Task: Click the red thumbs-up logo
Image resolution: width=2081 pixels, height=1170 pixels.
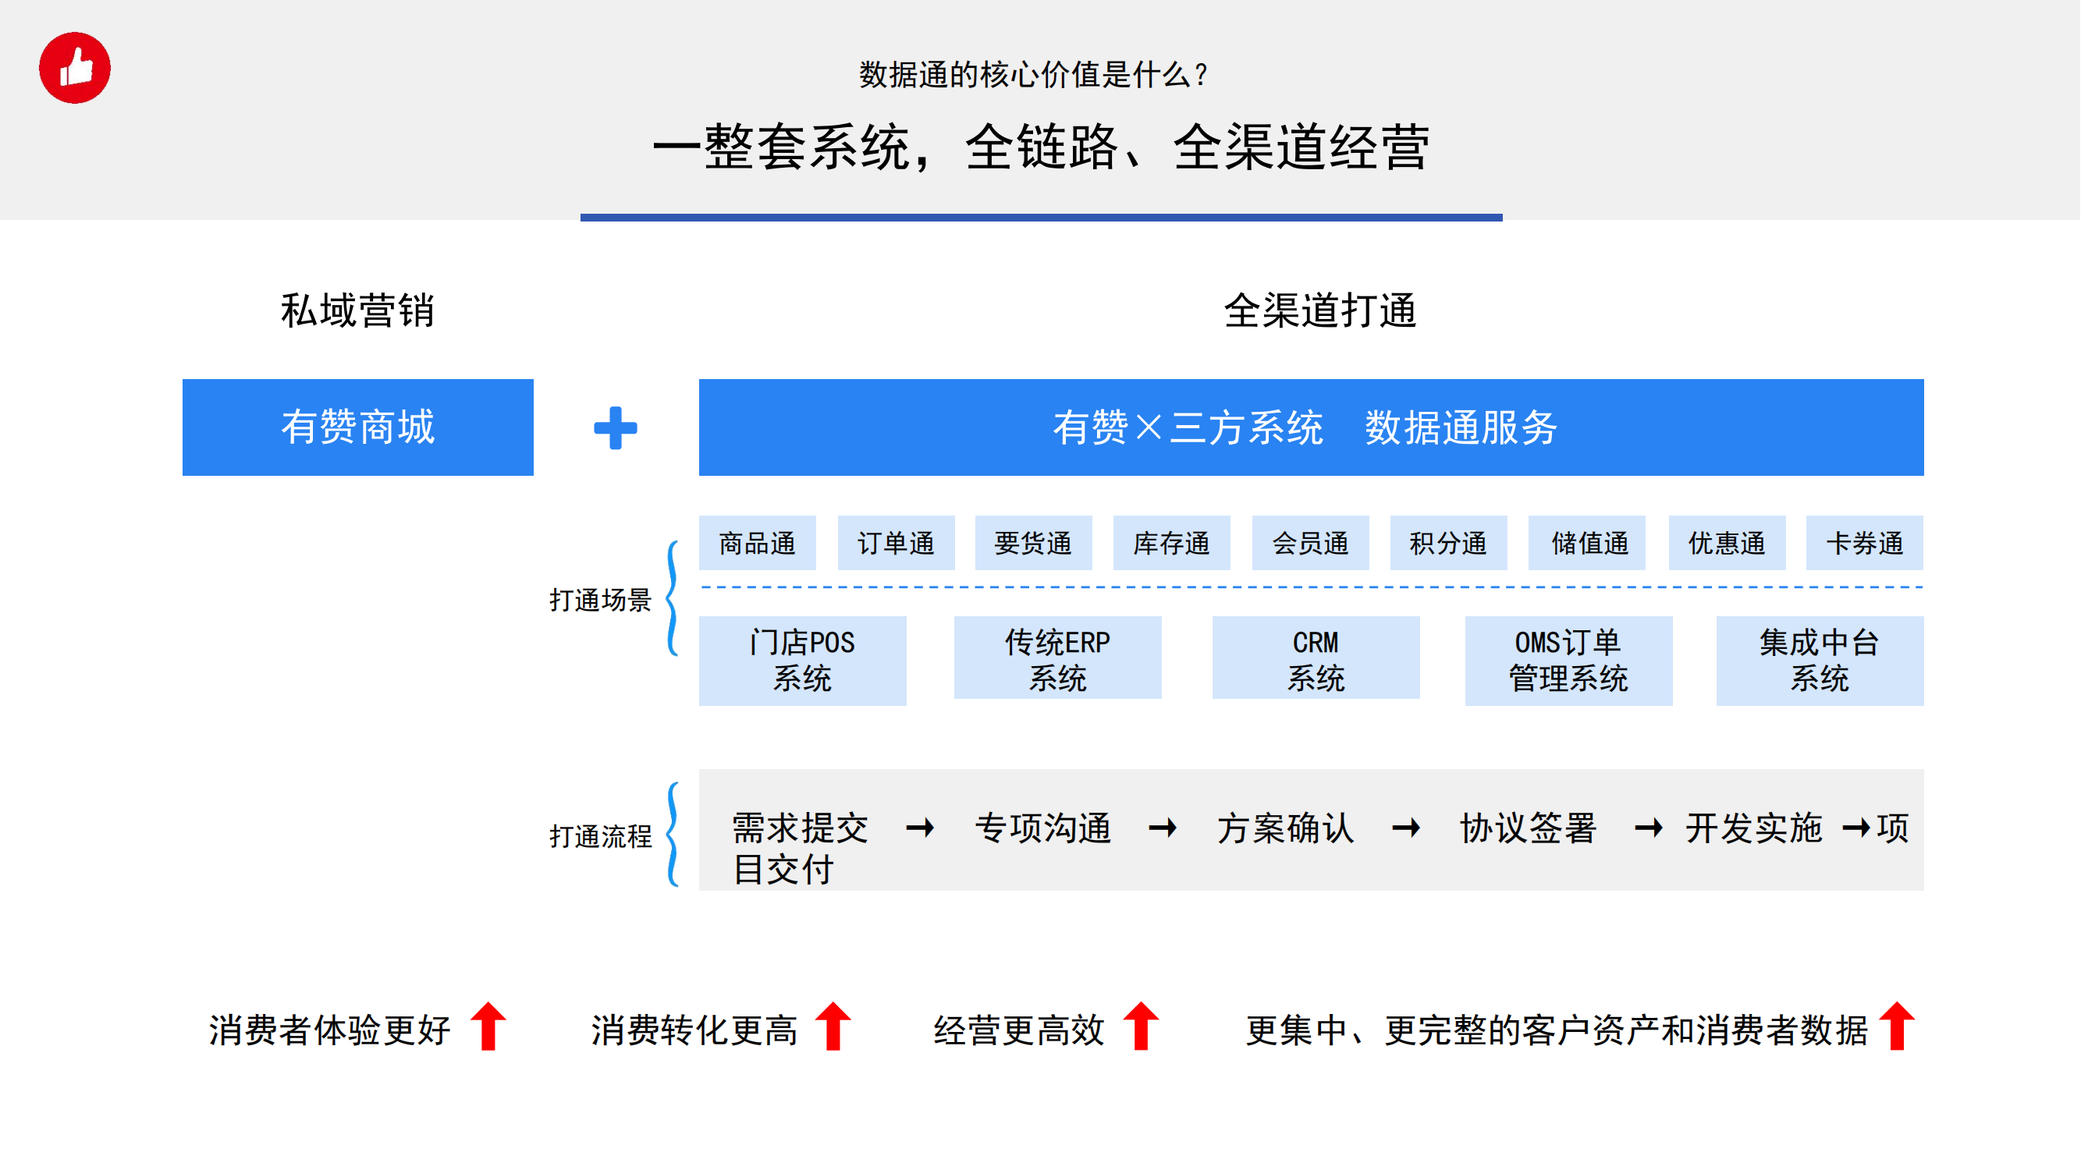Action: [75, 68]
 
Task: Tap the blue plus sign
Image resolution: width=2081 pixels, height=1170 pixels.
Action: [616, 428]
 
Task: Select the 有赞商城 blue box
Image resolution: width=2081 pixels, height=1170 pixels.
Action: [358, 427]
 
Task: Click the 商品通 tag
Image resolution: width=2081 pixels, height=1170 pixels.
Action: [758, 544]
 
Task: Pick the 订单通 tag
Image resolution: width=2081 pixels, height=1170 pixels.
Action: [896, 544]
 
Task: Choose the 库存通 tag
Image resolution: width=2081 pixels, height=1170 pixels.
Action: [1172, 544]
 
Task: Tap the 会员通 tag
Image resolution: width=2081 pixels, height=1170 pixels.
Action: [1310, 544]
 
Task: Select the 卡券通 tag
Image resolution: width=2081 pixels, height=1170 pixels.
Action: [1866, 544]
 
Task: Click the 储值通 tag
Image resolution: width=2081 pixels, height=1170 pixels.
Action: [1587, 544]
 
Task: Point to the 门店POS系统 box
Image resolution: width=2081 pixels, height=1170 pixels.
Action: [803, 661]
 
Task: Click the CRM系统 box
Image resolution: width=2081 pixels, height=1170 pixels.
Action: [1316, 658]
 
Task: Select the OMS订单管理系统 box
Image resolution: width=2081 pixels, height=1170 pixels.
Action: [1569, 661]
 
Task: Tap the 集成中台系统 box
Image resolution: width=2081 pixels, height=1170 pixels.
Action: [1820, 661]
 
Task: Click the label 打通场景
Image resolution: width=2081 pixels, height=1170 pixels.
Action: [600, 601]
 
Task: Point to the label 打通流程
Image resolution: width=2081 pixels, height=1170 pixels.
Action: [600, 836]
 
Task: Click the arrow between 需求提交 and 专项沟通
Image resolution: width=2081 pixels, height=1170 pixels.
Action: [921, 828]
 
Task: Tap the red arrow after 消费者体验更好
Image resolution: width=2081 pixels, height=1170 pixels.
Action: [488, 1026]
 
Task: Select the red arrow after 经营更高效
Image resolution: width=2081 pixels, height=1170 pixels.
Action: [1142, 1026]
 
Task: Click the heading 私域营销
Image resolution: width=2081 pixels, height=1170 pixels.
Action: [358, 311]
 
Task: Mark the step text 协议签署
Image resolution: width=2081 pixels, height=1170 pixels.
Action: [1529, 828]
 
